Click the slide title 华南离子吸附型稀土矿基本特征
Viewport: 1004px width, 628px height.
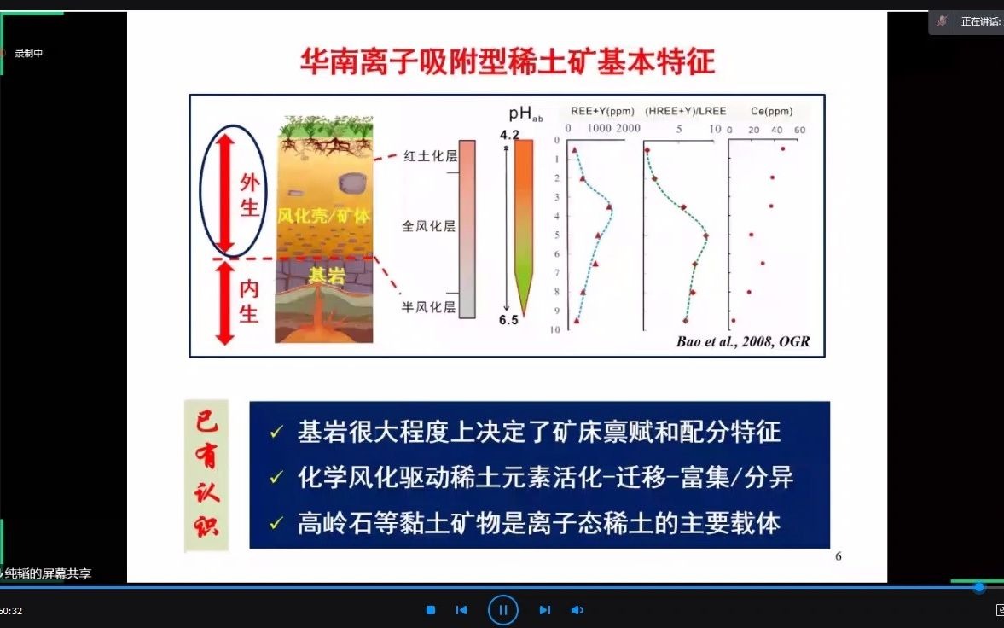(x=507, y=61)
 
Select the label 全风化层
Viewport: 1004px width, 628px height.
(x=428, y=226)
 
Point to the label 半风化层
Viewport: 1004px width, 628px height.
(x=429, y=307)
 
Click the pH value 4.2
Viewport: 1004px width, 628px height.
(x=508, y=134)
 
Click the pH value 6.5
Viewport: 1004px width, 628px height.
(x=508, y=320)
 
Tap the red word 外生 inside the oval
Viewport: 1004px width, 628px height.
(x=249, y=195)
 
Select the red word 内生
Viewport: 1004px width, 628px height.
(x=248, y=301)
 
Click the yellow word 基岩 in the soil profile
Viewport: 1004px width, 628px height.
(x=323, y=276)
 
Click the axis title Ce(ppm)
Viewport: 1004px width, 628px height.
(x=771, y=111)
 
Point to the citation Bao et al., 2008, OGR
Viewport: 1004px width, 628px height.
(x=742, y=342)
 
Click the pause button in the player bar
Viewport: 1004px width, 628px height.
(x=503, y=610)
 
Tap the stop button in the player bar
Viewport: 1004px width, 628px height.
(x=431, y=610)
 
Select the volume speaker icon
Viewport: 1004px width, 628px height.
(x=577, y=610)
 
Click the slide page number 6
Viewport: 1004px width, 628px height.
(x=838, y=556)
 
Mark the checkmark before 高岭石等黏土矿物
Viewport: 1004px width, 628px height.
(x=275, y=524)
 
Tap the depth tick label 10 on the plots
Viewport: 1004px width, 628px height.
(x=554, y=329)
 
